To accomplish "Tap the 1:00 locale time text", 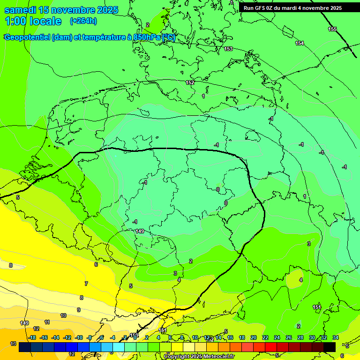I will (33, 21).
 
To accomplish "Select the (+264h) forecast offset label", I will (83, 21).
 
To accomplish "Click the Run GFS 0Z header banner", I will (292, 8).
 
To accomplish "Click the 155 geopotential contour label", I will (332, 30).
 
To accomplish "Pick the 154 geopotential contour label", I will (300, 43).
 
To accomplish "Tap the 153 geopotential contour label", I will (228, 49).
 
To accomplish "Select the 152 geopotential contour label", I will (190, 82).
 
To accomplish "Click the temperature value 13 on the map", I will (13, 344).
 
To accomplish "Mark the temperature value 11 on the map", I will (47, 322).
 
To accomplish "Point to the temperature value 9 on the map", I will (78, 310).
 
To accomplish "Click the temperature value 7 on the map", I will (86, 284).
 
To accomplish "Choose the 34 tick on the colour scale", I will (336, 337).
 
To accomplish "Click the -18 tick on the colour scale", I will (32, 337).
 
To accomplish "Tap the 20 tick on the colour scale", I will (254, 337).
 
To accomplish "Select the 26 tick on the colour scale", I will (289, 337).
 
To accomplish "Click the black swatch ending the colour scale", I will (330, 347).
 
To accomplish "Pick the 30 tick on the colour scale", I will (312, 337).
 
